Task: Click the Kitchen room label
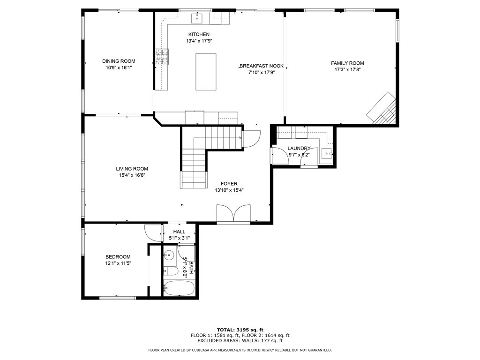tap(199, 34)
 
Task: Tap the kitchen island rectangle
tap(206, 71)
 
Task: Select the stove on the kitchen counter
tap(162, 57)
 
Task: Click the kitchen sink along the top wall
tap(197, 18)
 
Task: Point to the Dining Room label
tap(119, 61)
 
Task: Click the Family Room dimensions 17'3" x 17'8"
tap(347, 69)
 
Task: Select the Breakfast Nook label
tap(262, 66)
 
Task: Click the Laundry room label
tap(299, 148)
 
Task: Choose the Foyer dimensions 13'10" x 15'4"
tap(229, 190)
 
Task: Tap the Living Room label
tap(132, 169)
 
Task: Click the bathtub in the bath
tap(179, 288)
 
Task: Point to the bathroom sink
tap(169, 255)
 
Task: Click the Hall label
tap(179, 232)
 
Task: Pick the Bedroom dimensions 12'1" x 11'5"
tap(118, 263)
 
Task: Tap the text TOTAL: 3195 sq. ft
tap(240, 330)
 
